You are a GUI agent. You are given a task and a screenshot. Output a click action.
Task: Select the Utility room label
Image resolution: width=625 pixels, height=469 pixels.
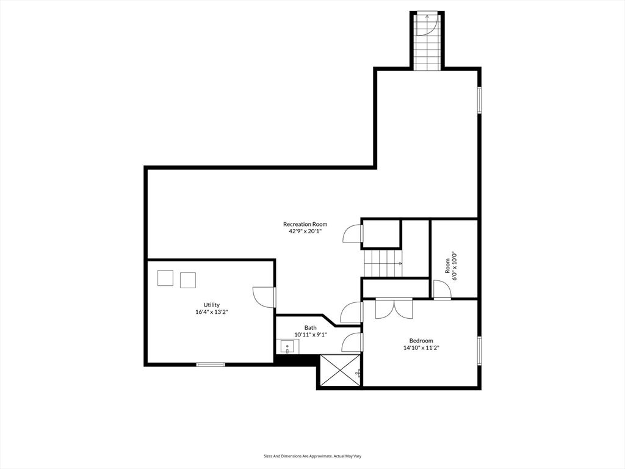click(212, 305)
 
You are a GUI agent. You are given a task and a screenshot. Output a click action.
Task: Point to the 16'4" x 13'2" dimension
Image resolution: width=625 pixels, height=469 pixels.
click(212, 312)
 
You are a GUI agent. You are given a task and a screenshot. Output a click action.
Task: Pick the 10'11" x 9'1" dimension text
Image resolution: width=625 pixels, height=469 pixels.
click(311, 335)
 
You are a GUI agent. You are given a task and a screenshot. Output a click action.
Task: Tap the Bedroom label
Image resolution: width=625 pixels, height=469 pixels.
click(421, 341)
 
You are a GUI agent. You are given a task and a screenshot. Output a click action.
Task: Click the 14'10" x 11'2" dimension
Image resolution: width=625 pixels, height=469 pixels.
click(421, 348)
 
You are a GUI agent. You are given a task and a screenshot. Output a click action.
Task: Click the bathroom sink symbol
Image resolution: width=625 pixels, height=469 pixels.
click(287, 347)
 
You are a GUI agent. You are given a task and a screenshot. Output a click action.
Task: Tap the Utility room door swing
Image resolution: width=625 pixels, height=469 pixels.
click(264, 297)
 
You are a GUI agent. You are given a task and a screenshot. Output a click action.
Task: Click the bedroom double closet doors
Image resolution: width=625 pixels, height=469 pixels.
click(394, 308)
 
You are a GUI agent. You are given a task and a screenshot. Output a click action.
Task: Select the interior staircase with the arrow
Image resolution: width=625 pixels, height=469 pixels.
click(383, 263)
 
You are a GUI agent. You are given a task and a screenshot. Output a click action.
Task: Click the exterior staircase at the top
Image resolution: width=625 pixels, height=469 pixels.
click(426, 40)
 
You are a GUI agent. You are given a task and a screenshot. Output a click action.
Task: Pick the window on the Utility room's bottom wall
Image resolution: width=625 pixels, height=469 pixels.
click(211, 365)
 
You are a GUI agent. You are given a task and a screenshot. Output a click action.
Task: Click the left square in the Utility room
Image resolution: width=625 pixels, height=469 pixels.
click(165, 278)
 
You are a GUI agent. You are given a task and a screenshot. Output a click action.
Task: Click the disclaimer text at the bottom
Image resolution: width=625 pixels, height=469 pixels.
click(312, 456)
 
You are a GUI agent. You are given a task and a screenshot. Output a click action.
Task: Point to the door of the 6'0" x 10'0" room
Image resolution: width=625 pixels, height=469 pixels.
click(442, 291)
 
